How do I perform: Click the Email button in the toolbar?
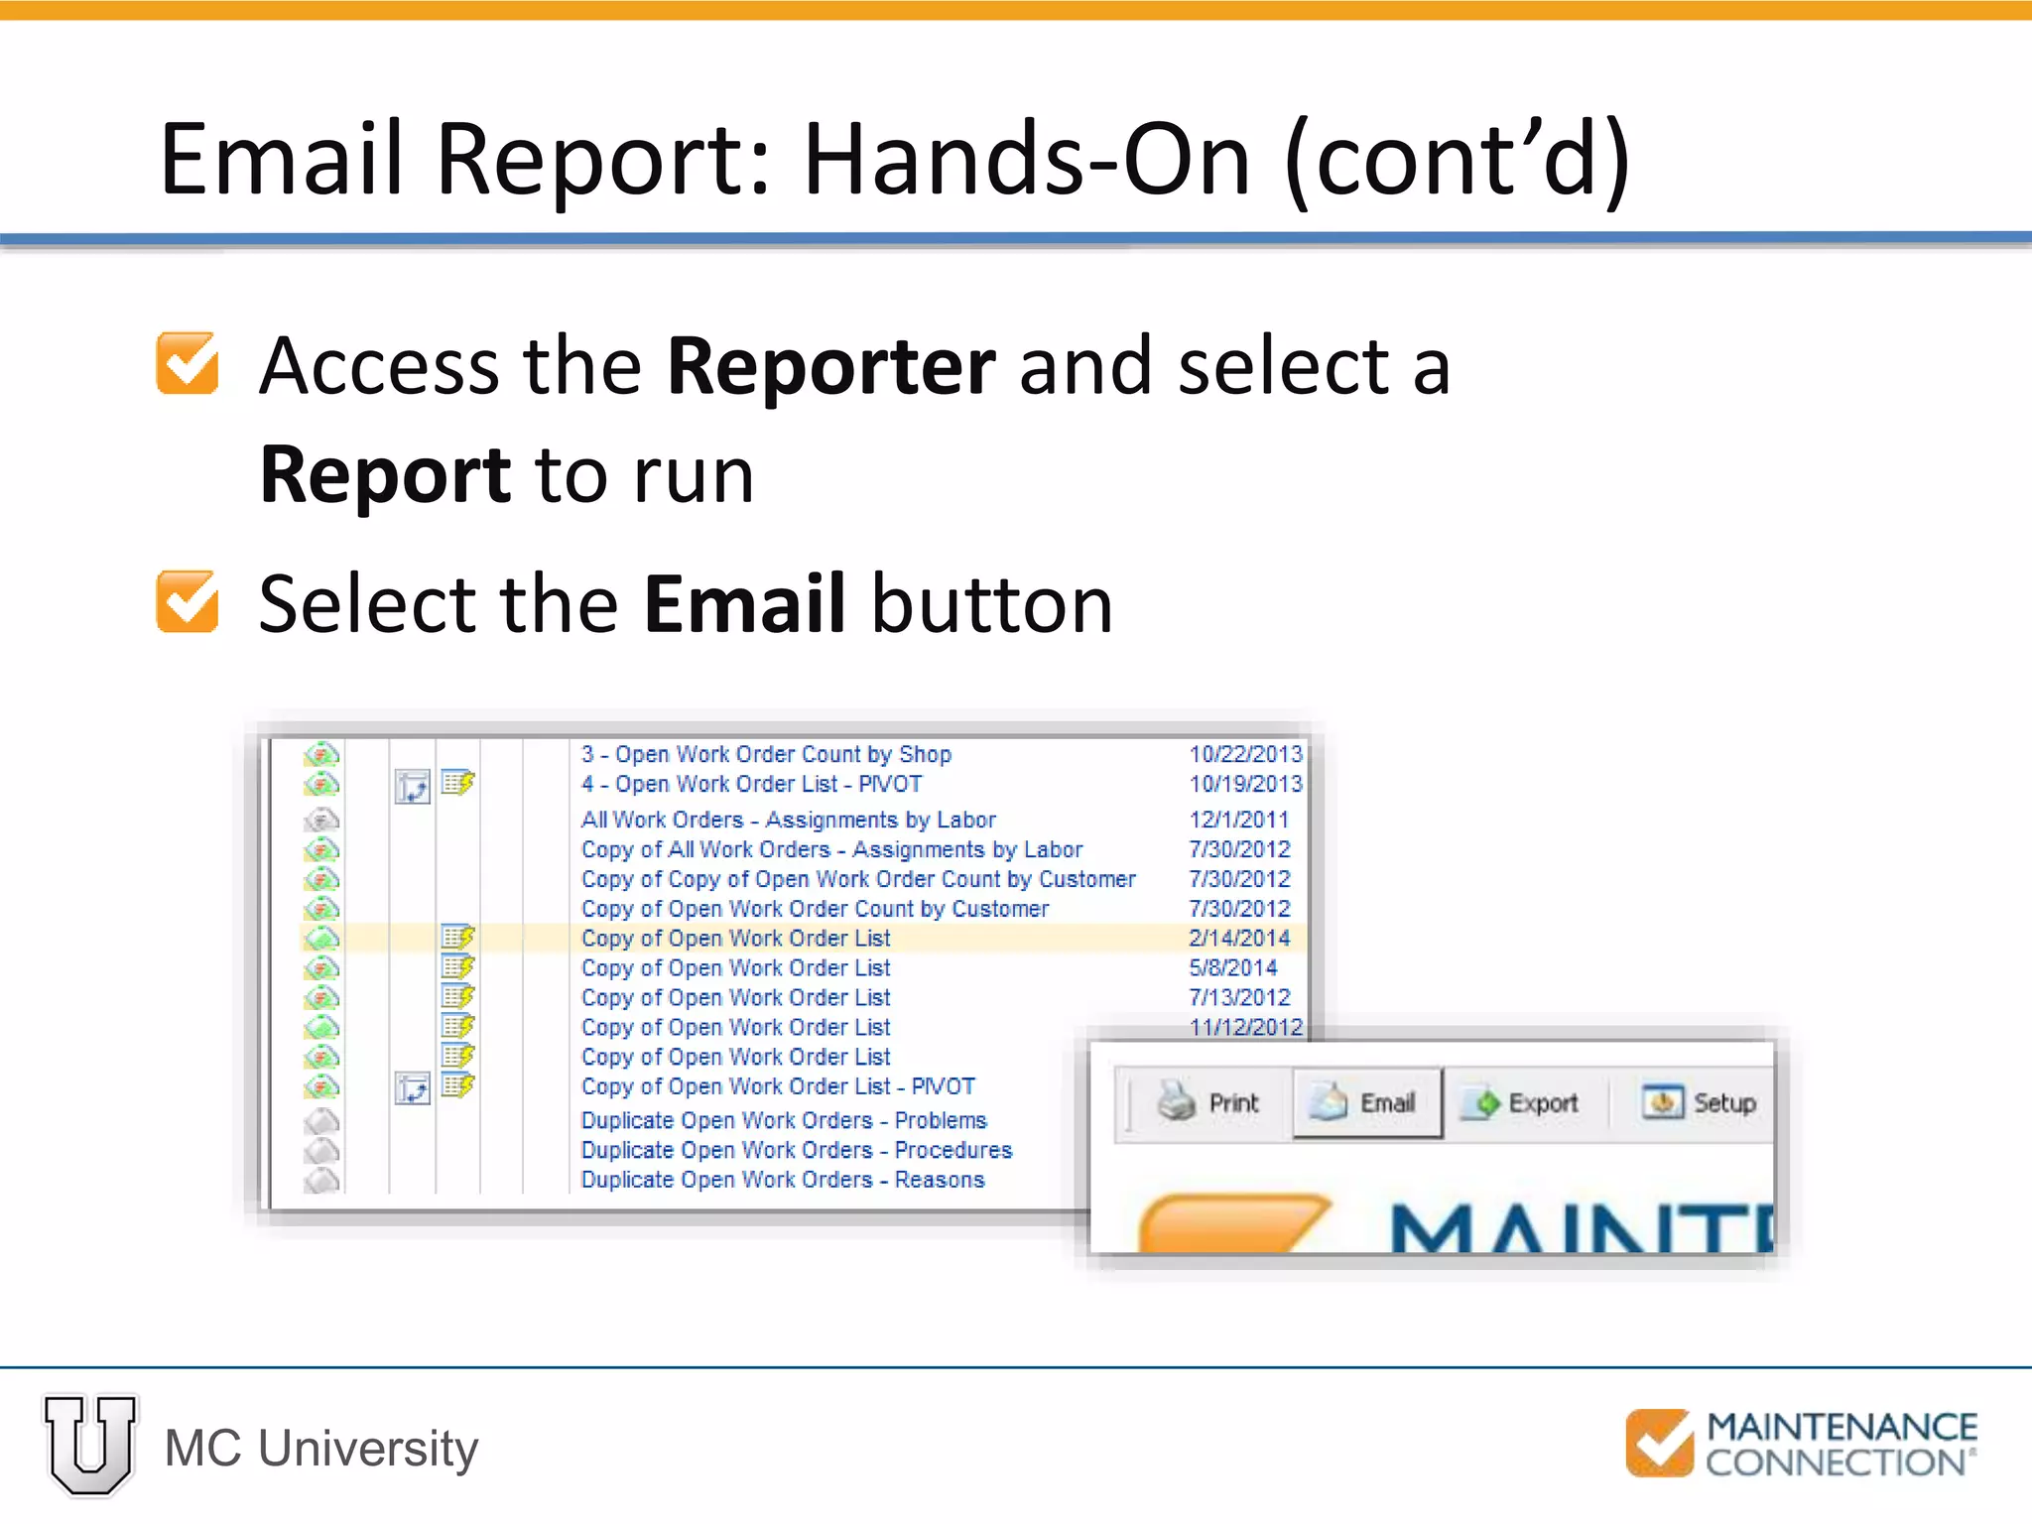click(x=1366, y=1102)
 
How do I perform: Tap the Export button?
click(x=1525, y=1102)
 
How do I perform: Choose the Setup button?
click(x=1700, y=1102)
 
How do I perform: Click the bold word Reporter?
click(x=831, y=367)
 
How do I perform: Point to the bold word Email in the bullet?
click(x=744, y=603)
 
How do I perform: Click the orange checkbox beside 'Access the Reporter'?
click(x=188, y=363)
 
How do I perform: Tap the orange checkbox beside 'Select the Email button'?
click(x=188, y=601)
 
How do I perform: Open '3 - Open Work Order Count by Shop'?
click(x=766, y=754)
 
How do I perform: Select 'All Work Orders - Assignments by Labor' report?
click(x=788, y=820)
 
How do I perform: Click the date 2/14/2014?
click(x=1239, y=938)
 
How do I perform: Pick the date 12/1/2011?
click(x=1238, y=820)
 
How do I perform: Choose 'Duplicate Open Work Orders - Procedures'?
click(x=796, y=1150)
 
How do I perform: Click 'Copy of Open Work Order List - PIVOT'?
click(x=778, y=1086)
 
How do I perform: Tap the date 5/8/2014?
click(x=1232, y=967)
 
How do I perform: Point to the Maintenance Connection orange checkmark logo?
click(x=1659, y=1443)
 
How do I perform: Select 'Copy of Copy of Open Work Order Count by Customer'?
click(x=858, y=879)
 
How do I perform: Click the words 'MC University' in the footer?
click(x=321, y=1448)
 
